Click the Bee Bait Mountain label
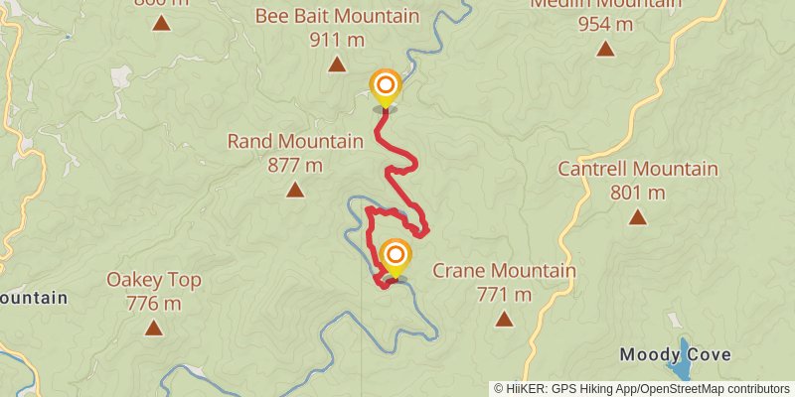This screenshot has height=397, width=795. click(x=337, y=17)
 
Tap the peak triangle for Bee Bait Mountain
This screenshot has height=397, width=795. click(x=337, y=66)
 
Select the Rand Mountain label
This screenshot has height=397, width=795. click(x=295, y=141)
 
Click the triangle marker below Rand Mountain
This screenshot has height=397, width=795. click(x=295, y=189)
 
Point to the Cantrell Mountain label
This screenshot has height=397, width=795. click(x=637, y=169)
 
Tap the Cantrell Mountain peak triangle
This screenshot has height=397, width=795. click(x=637, y=216)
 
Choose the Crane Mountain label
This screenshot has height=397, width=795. click(x=504, y=271)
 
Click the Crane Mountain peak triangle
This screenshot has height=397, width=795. click(x=504, y=319)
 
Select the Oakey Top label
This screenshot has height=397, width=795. click(x=154, y=280)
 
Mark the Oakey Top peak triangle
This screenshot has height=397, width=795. click(x=154, y=328)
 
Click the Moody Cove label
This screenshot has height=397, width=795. click(x=676, y=354)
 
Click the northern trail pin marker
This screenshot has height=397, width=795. click(x=385, y=86)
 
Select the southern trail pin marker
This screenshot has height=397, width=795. click(x=396, y=256)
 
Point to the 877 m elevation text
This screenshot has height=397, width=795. click(x=295, y=164)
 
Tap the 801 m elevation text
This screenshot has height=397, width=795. click(x=637, y=192)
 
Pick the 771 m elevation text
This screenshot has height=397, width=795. click(x=504, y=294)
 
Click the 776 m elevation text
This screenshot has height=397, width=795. click(x=154, y=303)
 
